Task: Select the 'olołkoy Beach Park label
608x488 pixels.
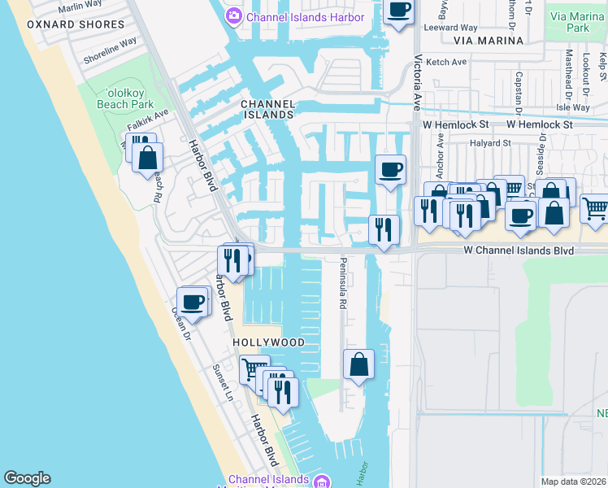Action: click(x=124, y=98)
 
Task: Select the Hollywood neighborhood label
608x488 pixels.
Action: click(x=269, y=342)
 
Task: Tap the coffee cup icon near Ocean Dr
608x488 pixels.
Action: click(x=193, y=302)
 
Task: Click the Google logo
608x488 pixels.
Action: click(x=27, y=478)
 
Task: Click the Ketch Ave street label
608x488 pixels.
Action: click(x=447, y=62)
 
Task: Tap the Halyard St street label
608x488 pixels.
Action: click(x=490, y=142)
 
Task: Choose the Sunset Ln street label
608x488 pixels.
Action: click(x=222, y=383)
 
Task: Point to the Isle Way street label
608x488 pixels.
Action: click(x=573, y=107)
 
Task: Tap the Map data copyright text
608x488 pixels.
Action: click(x=573, y=481)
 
